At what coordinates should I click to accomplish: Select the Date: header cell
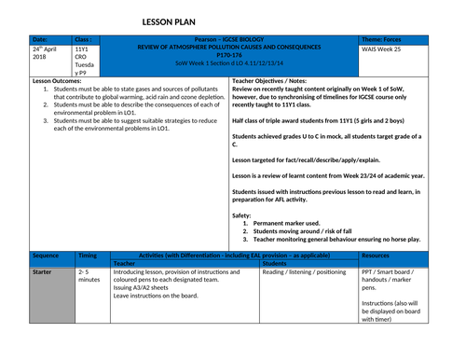click(x=41, y=38)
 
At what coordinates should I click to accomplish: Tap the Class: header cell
click(x=85, y=38)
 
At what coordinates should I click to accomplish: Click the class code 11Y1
click(x=83, y=47)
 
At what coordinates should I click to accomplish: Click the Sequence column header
click(x=46, y=254)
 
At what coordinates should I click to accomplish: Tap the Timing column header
click(x=89, y=254)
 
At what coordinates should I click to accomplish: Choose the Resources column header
click(x=376, y=254)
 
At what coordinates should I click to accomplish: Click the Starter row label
click(x=43, y=270)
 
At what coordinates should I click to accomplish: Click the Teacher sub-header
click(x=125, y=262)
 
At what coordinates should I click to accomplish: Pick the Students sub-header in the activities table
click(x=275, y=262)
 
